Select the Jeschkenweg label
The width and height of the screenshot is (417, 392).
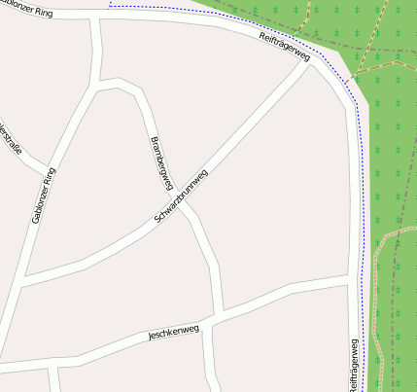point(173,333)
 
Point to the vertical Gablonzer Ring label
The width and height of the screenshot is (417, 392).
point(44,195)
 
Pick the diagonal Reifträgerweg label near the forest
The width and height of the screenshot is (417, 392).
point(285,47)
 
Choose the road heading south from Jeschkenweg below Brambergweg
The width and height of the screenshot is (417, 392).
point(212,360)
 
